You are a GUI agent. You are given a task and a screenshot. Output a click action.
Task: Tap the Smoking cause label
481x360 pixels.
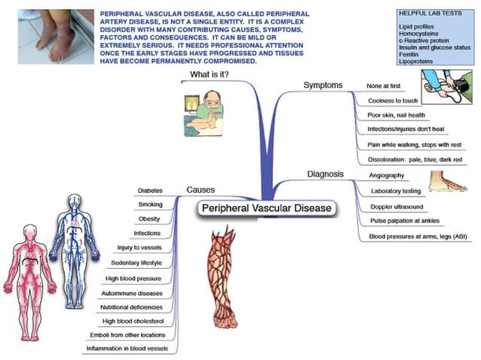[x=150, y=204]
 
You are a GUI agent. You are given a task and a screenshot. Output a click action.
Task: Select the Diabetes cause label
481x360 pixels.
[x=150, y=191]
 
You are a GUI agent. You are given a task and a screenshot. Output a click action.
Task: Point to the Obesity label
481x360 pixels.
[x=149, y=218]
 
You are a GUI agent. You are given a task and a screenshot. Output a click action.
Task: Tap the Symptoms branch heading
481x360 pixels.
[x=323, y=85]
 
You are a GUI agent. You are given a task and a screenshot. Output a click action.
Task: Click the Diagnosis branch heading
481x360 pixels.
[x=325, y=174]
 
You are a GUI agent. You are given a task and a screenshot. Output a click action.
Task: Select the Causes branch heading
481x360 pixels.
[x=200, y=190]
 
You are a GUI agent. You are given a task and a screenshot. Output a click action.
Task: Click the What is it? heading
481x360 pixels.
[x=210, y=75]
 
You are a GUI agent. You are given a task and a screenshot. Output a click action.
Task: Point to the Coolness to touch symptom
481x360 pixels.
[x=392, y=100]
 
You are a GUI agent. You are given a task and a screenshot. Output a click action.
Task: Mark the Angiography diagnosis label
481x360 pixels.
[x=388, y=175]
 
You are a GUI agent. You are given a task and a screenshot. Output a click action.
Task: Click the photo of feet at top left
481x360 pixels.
[x=50, y=35]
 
